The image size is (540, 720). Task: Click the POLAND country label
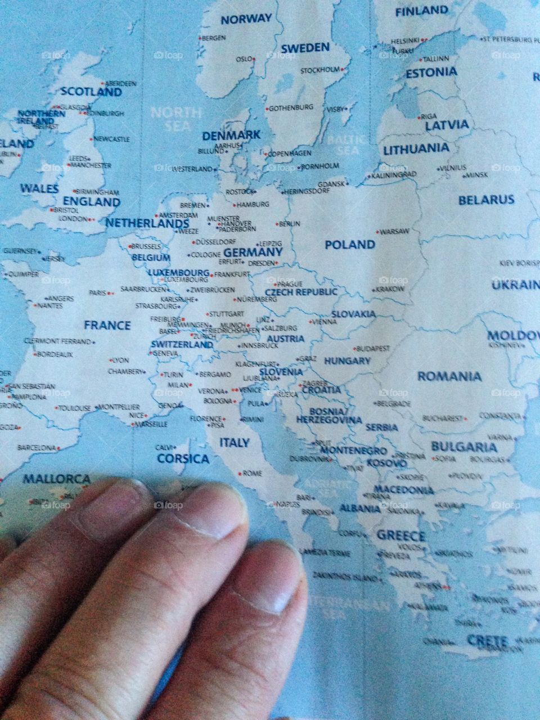pyautogui.click(x=349, y=245)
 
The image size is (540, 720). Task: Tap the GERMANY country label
pyautogui.click(x=253, y=252)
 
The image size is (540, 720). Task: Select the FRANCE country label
pyautogui.click(x=107, y=325)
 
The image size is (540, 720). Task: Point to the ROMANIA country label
pyautogui.click(x=449, y=376)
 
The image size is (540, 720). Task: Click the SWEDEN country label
pyautogui.click(x=305, y=48)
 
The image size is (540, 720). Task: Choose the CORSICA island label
pyautogui.click(x=183, y=458)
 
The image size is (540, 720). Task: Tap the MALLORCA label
pyautogui.click(x=56, y=479)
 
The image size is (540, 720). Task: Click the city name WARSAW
pyautogui.click(x=394, y=231)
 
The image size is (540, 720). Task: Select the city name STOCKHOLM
pyautogui.click(x=320, y=70)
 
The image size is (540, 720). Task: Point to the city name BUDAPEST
pyautogui.click(x=373, y=349)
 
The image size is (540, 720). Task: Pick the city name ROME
pyautogui.click(x=252, y=474)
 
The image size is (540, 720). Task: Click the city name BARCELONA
pyautogui.click(x=37, y=448)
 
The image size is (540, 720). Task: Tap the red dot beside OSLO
pyautogui.click(x=254, y=58)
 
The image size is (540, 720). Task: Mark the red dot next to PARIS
pyautogui.click(x=111, y=293)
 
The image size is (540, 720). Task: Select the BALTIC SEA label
pyautogui.click(x=347, y=145)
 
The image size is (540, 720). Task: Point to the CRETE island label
pyautogui.click(x=487, y=641)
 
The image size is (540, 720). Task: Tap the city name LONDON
pyautogui.click(x=73, y=219)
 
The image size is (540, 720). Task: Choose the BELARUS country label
pyautogui.click(x=486, y=200)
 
